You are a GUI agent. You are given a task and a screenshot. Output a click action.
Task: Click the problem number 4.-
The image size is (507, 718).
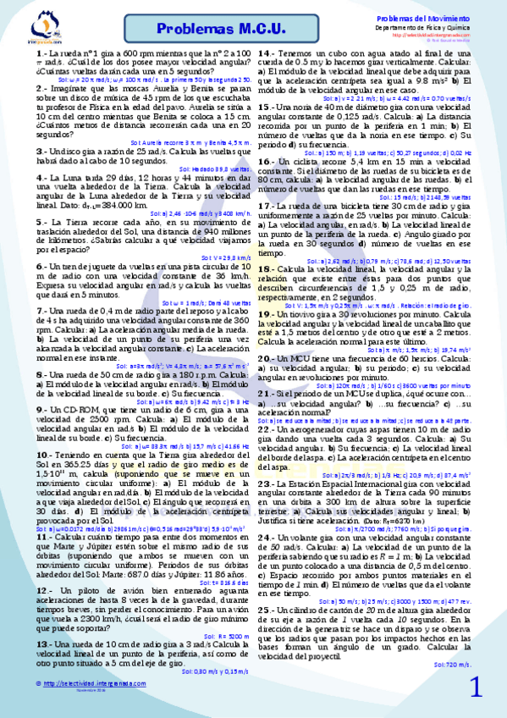coord(41,177)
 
